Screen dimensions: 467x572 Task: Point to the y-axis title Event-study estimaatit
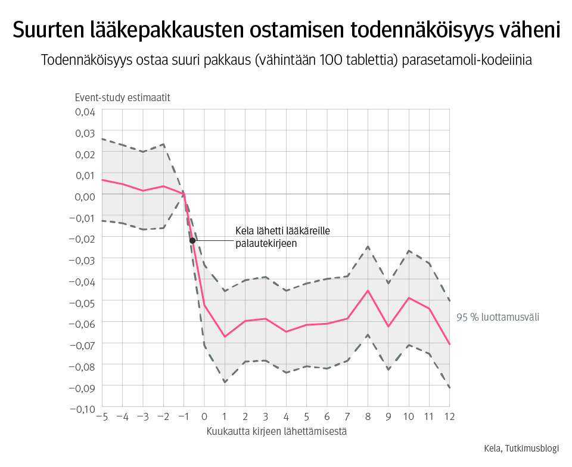pos(122,98)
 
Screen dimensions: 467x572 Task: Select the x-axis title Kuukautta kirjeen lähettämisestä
pos(276,431)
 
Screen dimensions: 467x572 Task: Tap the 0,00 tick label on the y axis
pos(85,196)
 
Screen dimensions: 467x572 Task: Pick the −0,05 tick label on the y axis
pos(82,302)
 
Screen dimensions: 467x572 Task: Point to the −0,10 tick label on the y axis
pos(82,409)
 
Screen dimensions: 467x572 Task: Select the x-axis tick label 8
pos(368,416)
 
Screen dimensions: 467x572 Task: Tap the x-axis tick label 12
pos(449,416)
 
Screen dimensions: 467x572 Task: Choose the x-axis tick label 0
pos(204,416)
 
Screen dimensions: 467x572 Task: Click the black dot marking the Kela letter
pos(192,240)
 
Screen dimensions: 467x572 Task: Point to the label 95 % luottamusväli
pos(498,317)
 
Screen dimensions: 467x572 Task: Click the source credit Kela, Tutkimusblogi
pos(521,449)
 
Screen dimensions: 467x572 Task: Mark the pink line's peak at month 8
pos(368,290)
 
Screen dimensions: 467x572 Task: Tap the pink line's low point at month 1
pos(225,337)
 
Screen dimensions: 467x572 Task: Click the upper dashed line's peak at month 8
pos(368,246)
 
